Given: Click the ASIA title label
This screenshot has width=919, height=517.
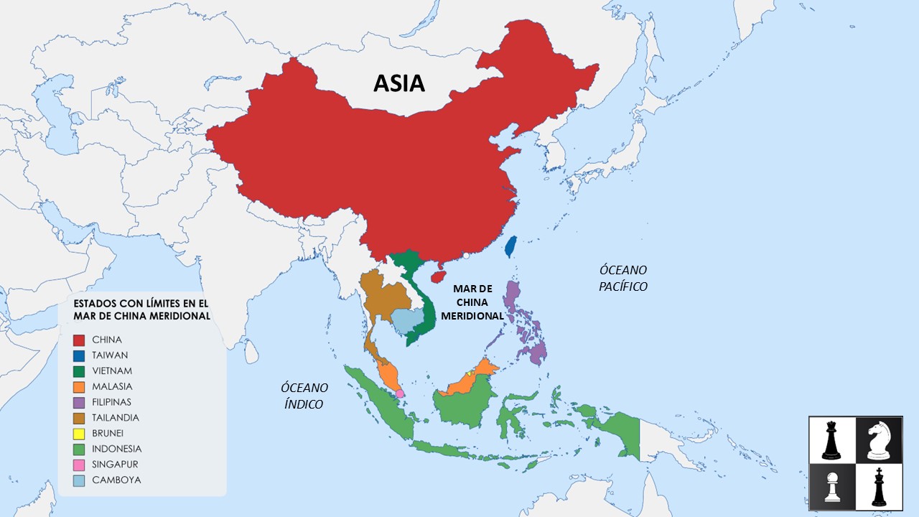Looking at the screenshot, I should click(x=399, y=83).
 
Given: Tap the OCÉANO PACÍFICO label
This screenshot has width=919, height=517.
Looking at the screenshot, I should click(x=623, y=278).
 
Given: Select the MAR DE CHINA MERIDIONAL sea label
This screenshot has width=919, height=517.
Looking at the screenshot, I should click(x=472, y=302).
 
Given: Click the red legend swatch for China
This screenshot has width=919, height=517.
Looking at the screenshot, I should click(x=79, y=340).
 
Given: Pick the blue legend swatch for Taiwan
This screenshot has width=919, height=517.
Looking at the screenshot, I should click(x=79, y=355).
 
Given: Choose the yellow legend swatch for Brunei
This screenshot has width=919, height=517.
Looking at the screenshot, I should click(x=79, y=434).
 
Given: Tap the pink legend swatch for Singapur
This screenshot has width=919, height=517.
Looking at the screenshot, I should click(x=79, y=465).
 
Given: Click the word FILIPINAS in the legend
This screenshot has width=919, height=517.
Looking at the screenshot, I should click(x=111, y=402).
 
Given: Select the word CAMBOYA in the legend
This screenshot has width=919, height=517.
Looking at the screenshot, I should click(x=116, y=480).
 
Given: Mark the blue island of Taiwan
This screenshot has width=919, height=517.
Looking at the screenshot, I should click(x=510, y=246).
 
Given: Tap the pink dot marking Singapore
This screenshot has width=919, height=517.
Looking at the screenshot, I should click(x=400, y=393).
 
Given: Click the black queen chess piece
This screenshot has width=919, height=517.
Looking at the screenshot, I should click(x=831, y=440).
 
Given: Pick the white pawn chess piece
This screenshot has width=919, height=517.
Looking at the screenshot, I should click(x=831, y=488).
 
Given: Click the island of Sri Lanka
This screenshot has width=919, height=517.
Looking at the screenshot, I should click(x=251, y=351).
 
